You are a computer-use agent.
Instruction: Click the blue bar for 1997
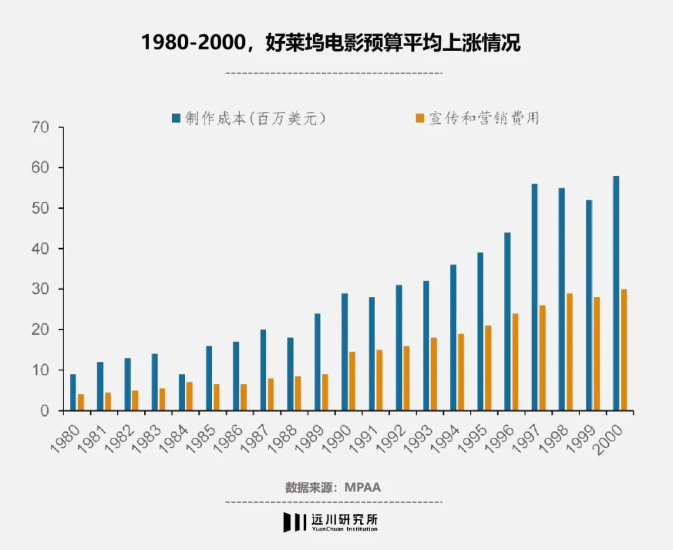(535, 297)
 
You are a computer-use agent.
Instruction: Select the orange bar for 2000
(624, 350)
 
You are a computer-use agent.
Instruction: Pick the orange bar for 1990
(353, 381)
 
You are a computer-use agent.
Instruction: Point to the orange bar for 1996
(515, 362)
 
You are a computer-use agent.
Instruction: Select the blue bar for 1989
(317, 362)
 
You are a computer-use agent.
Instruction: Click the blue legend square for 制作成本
(176, 118)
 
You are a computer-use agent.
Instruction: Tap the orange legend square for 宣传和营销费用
(420, 118)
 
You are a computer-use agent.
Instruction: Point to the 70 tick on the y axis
(47, 128)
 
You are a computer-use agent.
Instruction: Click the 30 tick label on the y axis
(47, 289)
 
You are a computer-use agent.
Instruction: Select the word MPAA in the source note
(362, 487)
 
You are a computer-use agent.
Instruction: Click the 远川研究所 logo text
(345, 519)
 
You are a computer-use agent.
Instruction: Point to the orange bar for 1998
(570, 352)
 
